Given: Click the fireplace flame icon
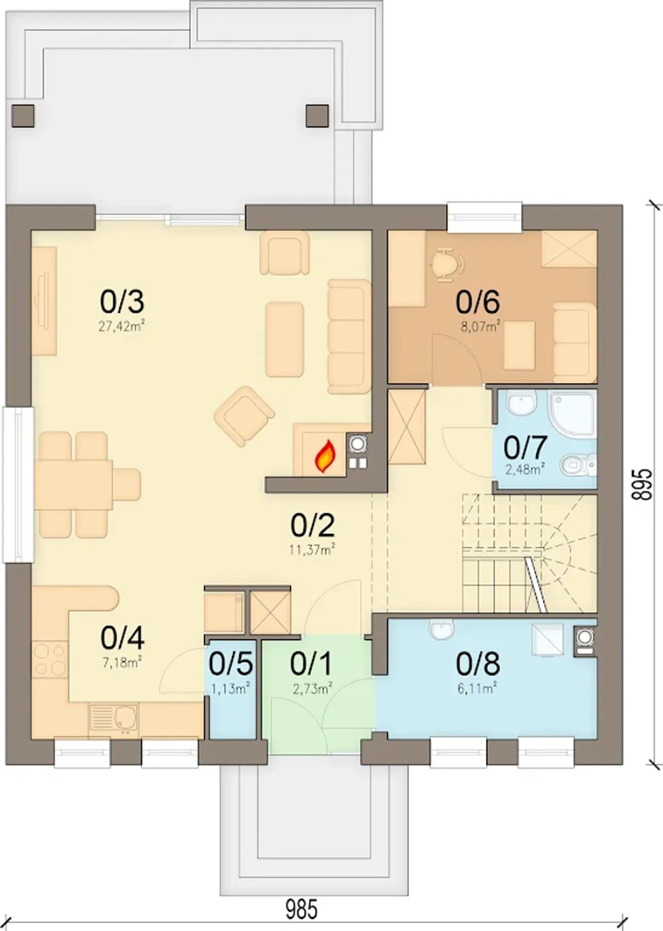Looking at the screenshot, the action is pyautogui.click(x=326, y=456).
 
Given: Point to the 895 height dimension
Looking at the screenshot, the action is pyautogui.click(x=642, y=484).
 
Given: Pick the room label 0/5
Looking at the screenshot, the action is pyautogui.click(x=231, y=664).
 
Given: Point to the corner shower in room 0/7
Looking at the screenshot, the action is pyautogui.click(x=573, y=413).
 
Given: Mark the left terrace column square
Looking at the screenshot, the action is pyautogui.click(x=23, y=116).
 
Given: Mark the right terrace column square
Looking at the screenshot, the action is pyautogui.click(x=317, y=116).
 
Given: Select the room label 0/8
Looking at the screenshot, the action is pyautogui.click(x=478, y=664).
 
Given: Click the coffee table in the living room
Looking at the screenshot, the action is pyautogui.click(x=284, y=340).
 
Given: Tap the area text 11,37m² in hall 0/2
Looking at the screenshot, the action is pyautogui.click(x=312, y=549).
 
